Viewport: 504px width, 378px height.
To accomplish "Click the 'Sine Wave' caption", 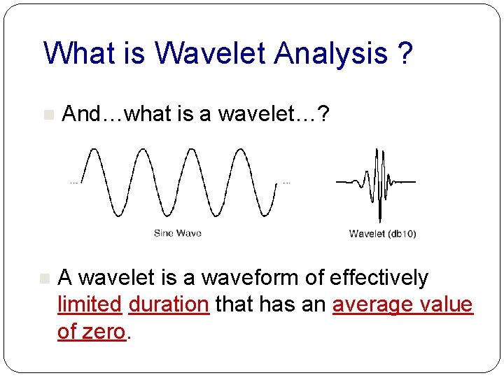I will click(x=178, y=233).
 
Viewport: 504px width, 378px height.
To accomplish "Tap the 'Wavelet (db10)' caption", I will click(x=382, y=234).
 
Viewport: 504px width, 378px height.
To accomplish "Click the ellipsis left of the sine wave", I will click(x=73, y=182).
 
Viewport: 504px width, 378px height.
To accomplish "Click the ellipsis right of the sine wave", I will click(x=286, y=182).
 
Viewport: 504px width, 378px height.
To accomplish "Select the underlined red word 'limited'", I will click(x=90, y=304).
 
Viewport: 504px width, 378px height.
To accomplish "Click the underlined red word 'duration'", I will click(x=169, y=304).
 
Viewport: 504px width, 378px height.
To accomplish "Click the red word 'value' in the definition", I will click(x=447, y=304).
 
